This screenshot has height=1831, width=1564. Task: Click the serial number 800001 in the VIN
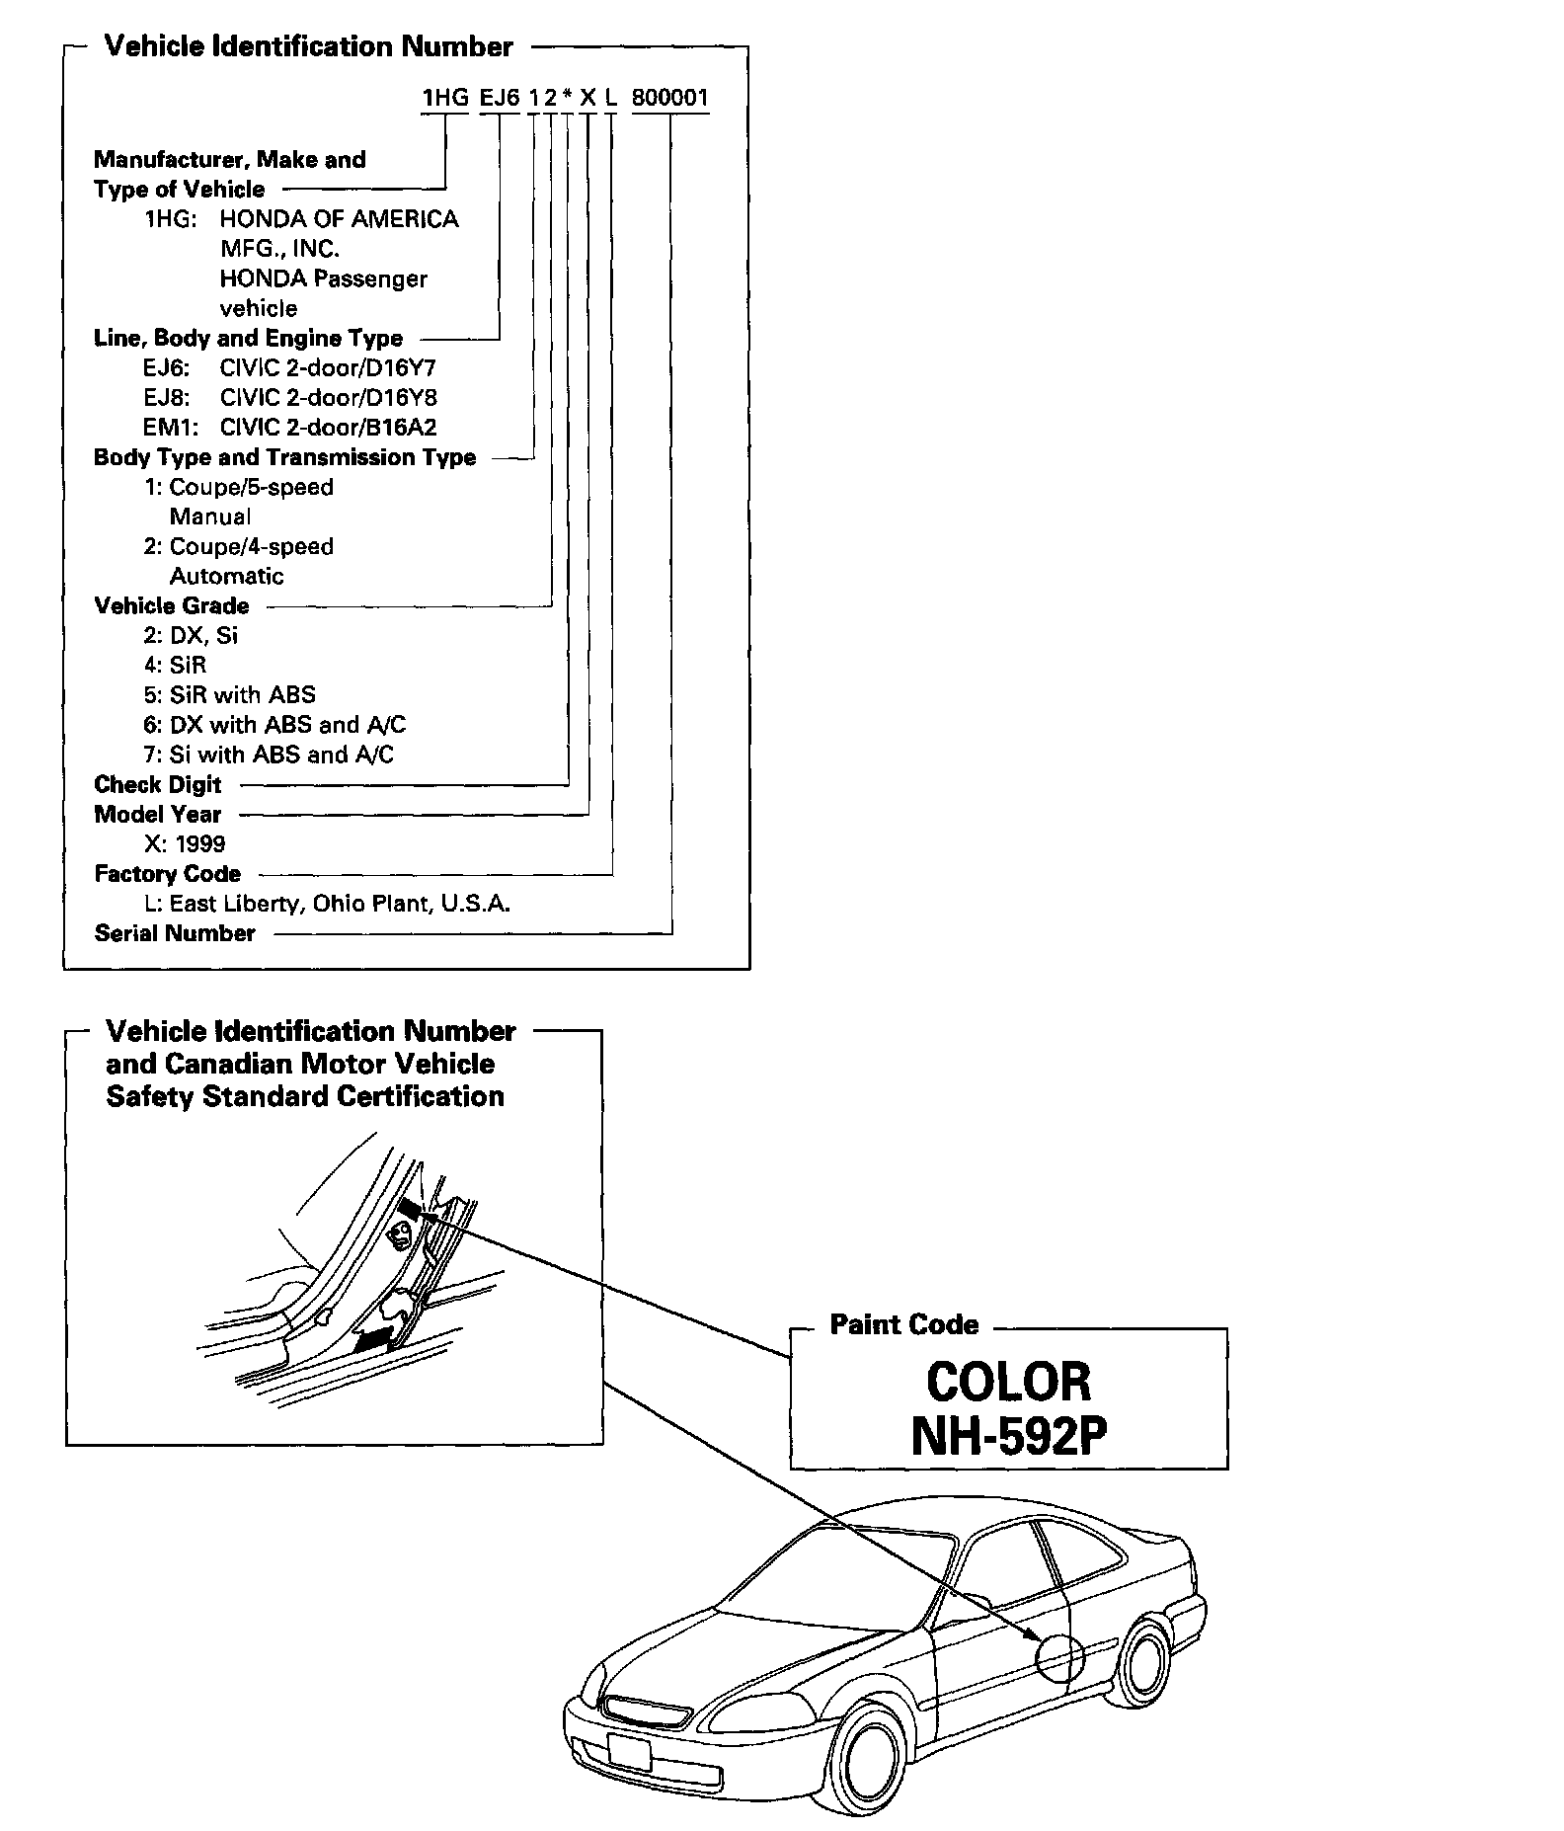coord(669,99)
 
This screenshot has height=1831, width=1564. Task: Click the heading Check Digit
coord(158,785)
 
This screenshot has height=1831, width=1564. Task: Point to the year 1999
coord(199,844)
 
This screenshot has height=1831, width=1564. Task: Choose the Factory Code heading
coord(167,874)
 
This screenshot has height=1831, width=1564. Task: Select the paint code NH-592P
coord(1008,1437)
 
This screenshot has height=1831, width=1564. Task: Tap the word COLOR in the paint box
coord(1008,1382)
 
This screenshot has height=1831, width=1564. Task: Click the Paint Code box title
coord(903,1324)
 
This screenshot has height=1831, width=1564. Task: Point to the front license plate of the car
coord(629,1752)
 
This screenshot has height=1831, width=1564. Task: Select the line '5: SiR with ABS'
coord(229,695)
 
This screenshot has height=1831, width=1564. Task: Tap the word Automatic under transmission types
coord(226,577)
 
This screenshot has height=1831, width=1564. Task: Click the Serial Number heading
coord(175,933)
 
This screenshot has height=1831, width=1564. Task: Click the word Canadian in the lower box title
coord(229,1064)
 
